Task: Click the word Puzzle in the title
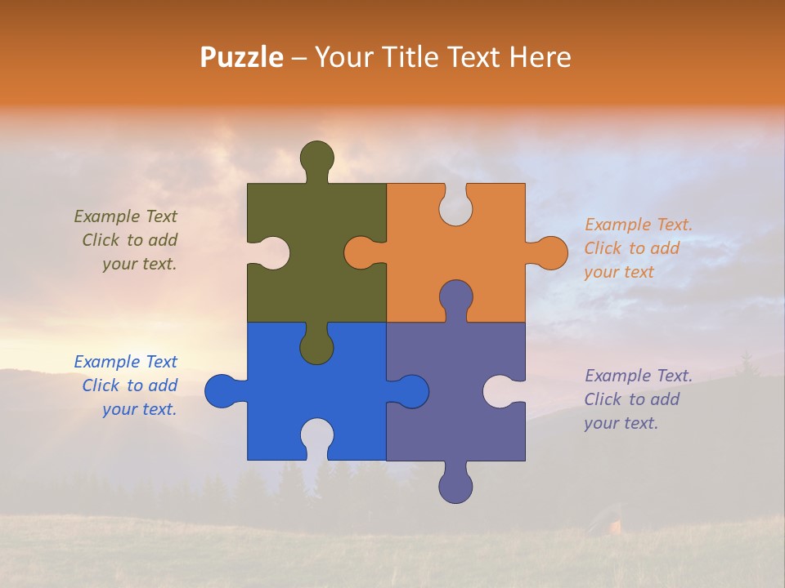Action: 242,57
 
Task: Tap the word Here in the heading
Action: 539,57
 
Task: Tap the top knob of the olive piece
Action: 316,158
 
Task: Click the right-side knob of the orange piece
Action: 550,252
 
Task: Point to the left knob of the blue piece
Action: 222,391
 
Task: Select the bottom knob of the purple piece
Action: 455,486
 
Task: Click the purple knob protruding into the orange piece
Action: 455,297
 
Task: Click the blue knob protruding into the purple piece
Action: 411,391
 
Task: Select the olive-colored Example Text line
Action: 125,216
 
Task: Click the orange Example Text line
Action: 639,225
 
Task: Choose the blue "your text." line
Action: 139,409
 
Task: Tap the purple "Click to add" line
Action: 632,399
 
